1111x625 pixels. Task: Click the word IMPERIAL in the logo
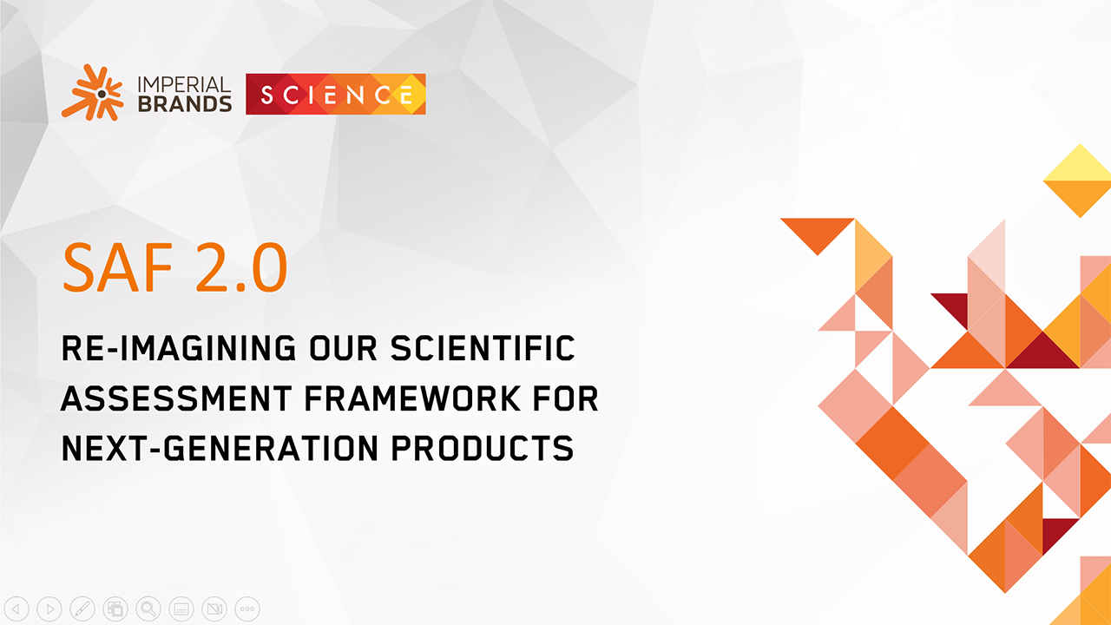(183, 85)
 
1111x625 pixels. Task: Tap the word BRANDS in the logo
(183, 103)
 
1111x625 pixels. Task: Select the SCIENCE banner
(336, 95)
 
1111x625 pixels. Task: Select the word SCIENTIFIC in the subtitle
(483, 349)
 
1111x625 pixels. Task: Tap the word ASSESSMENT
(176, 399)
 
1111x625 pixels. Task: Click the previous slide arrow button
(17, 609)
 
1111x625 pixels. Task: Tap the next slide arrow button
(50, 609)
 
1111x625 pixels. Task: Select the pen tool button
(82, 609)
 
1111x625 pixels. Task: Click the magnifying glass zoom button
(148, 609)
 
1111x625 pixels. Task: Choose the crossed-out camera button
(214, 609)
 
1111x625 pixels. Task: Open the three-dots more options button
(247, 609)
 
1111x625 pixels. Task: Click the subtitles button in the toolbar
(181, 609)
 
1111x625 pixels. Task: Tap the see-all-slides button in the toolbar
(115, 609)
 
